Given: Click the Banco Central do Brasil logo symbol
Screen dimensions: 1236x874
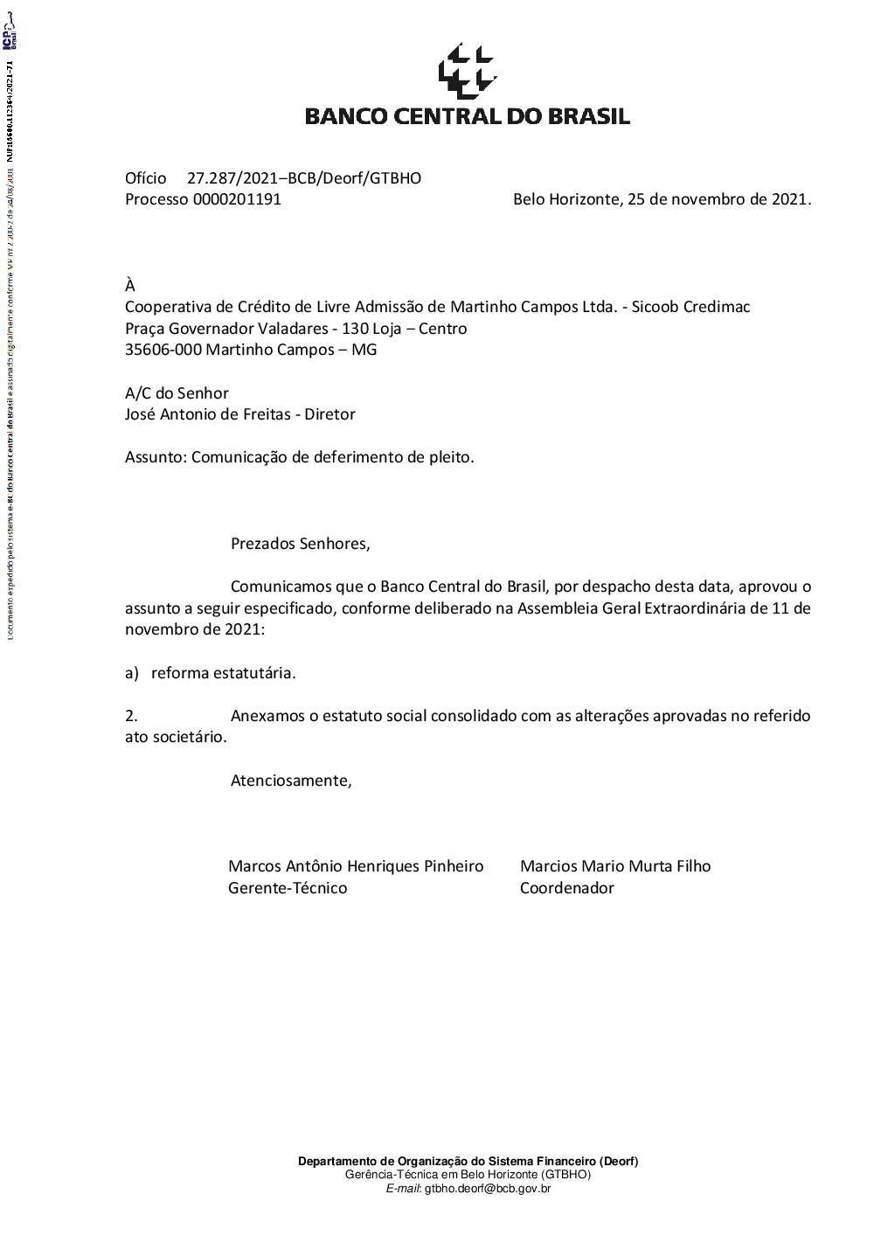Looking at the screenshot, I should (x=467, y=70).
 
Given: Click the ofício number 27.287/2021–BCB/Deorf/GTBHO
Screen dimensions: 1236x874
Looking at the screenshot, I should (x=303, y=178).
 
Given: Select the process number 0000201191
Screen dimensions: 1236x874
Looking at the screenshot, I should (x=237, y=199).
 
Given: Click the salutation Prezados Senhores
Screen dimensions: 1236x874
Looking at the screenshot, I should (x=300, y=544).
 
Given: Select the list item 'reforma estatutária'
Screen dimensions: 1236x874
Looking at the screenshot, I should (x=223, y=673).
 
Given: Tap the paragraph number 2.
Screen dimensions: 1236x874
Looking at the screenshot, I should (x=131, y=716).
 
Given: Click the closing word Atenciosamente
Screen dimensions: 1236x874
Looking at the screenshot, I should (x=291, y=781).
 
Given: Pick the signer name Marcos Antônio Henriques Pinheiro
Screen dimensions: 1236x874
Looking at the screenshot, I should (x=356, y=866).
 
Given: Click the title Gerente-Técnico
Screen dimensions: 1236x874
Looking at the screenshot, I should (x=288, y=888).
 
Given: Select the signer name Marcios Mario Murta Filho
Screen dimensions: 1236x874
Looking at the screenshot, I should (x=615, y=866).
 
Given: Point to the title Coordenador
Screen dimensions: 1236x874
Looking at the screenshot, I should (x=566, y=888).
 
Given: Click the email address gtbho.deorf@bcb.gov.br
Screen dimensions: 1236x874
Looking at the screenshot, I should (x=488, y=1188).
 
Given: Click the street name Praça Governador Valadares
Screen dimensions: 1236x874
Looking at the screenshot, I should (x=225, y=329).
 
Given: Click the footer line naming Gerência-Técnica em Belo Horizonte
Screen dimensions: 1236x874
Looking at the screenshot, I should (x=468, y=1175).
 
